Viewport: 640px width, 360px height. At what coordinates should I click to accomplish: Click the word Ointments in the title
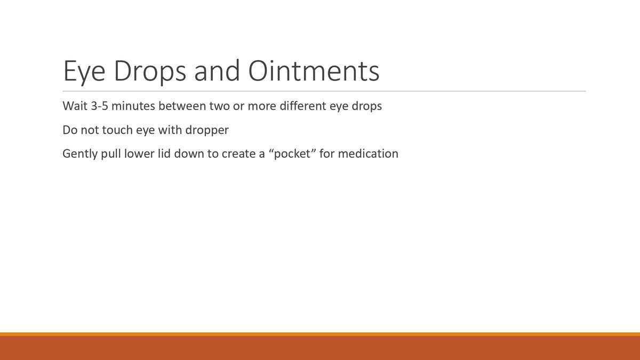pos(314,71)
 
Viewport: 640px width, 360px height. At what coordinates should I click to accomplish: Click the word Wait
pos(74,106)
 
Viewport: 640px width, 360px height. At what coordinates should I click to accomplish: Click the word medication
pos(368,154)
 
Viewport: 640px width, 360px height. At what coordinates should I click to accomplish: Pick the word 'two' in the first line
pos(219,106)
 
